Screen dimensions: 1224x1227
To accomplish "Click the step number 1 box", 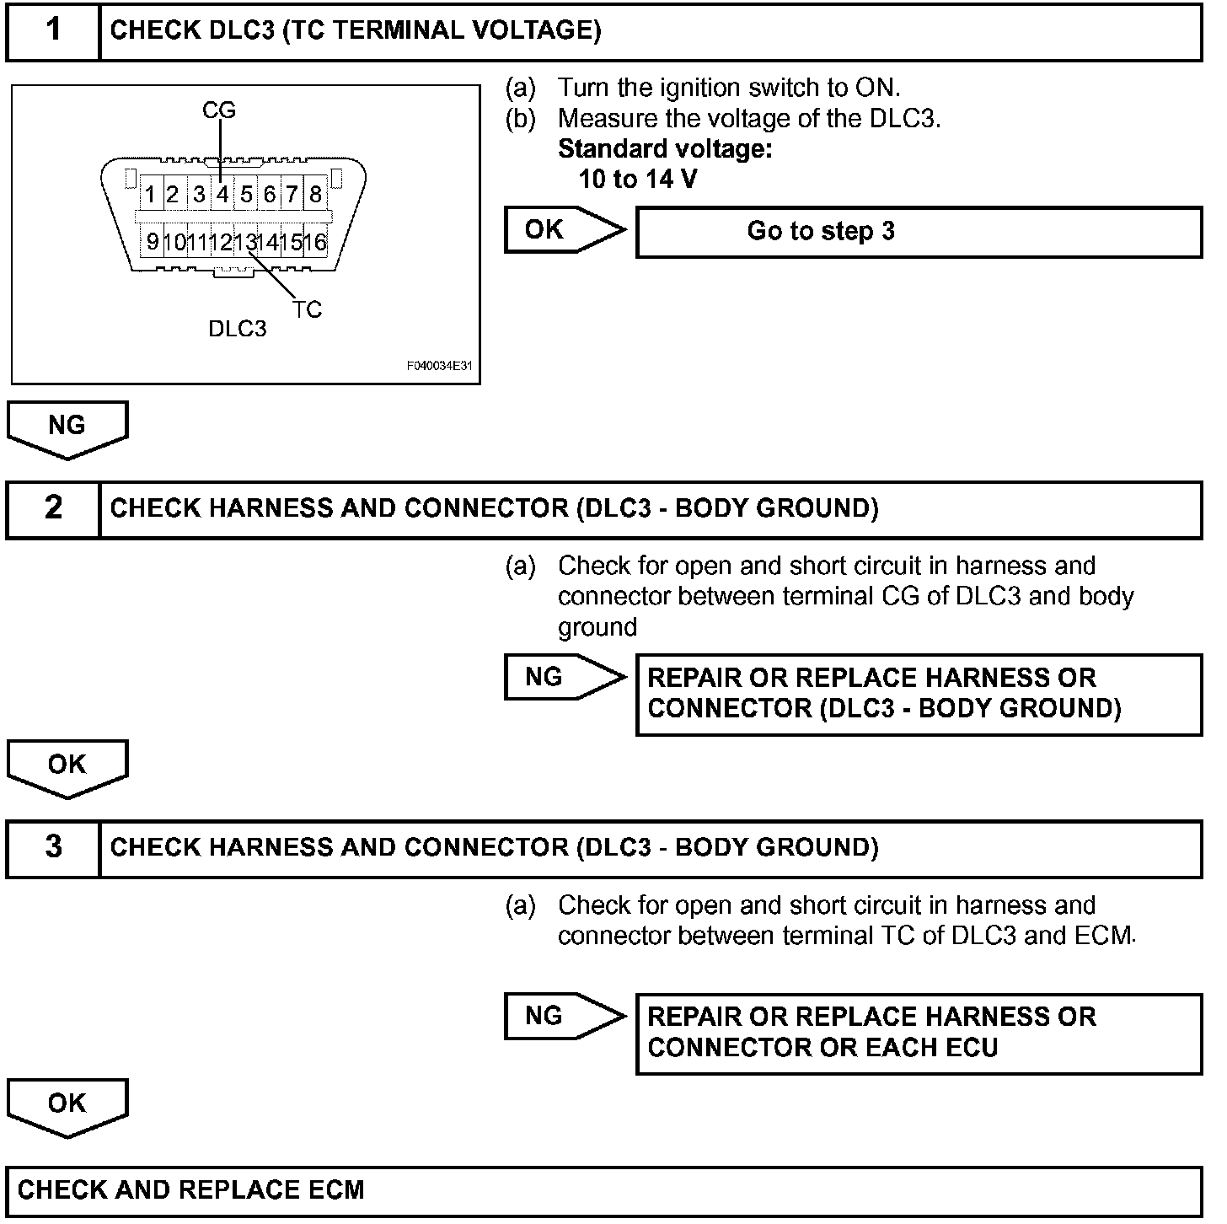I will [x=53, y=31].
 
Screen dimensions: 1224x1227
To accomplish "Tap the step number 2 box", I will [x=53, y=508].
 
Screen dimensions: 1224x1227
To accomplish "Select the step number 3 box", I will [x=53, y=847].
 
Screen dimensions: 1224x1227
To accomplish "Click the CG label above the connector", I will [x=219, y=110].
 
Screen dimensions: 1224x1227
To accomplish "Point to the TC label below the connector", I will [x=308, y=310].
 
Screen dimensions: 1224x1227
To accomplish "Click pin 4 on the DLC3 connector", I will [x=222, y=195].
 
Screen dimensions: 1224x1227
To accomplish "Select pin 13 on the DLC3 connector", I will [x=245, y=243].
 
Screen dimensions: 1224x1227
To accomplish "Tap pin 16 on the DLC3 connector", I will [x=315, y=243].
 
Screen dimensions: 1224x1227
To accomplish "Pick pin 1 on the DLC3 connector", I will [x=149, y=195].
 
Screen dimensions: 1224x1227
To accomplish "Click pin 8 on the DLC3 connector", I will [x=315, y=195].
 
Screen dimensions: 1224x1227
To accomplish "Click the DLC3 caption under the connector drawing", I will [x=238, y=329].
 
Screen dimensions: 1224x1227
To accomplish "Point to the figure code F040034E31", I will [x=439, y=367].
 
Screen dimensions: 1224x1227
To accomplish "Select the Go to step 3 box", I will [x=919, y=232].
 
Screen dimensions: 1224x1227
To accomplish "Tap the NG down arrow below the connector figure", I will [x=67, y=427].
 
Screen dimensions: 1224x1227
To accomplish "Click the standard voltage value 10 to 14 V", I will [x=638, y=180].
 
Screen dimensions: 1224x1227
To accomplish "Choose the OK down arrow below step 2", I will [x=67, y=765].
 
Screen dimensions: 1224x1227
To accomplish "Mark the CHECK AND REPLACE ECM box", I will [x=603, y=1190].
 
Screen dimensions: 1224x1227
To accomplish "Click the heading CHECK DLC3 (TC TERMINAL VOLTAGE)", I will [x=356, y=31].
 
